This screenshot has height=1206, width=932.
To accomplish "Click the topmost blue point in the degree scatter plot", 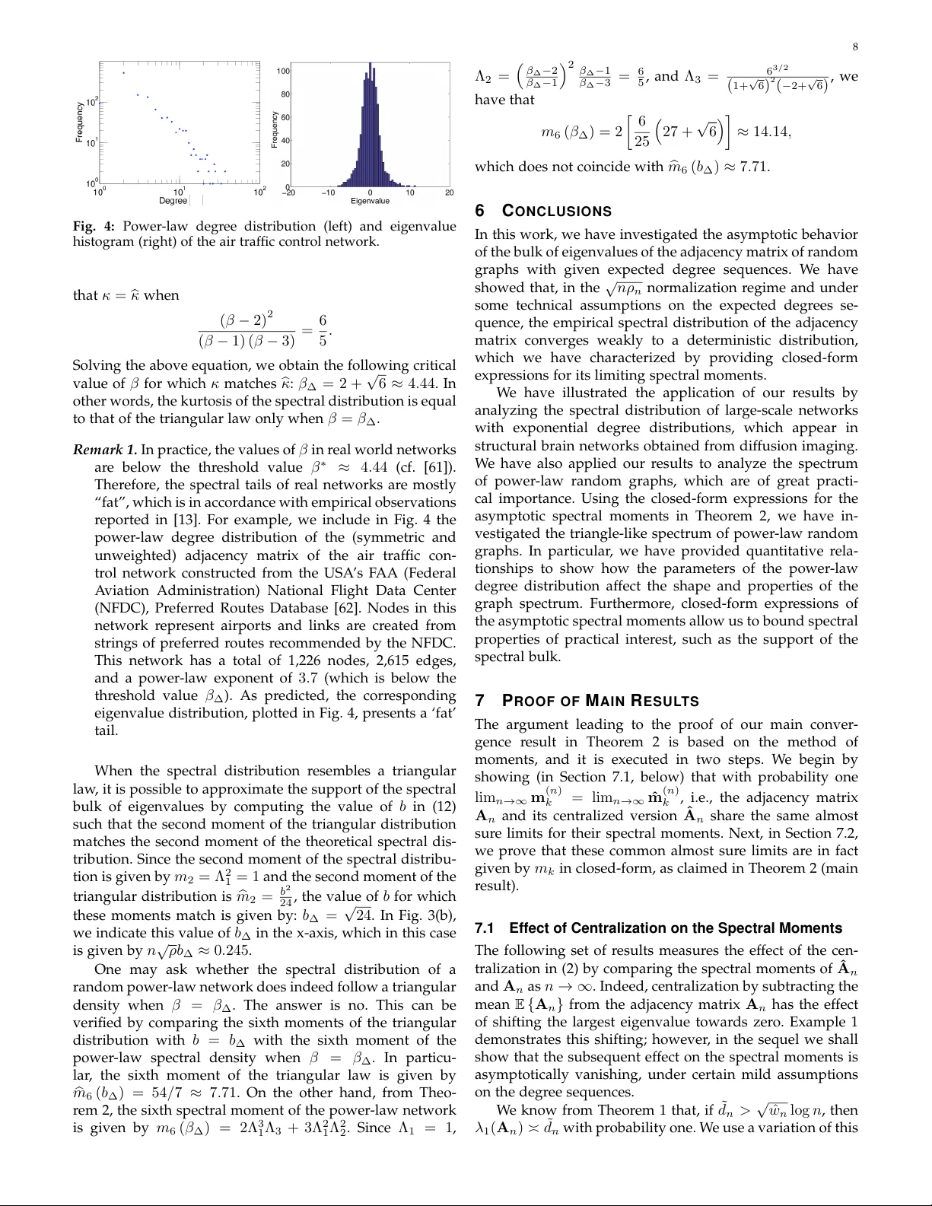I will click(123, 73).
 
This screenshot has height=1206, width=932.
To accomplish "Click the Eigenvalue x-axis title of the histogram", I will click(370, 201).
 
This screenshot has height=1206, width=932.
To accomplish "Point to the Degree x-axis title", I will click(173, 201).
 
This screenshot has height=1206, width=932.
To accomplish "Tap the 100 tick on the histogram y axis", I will click(282, 72).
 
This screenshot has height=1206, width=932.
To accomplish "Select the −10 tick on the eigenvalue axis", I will click(328, 193).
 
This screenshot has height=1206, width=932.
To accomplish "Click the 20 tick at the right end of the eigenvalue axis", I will click(450, 193).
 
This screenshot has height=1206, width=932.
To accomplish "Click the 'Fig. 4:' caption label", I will click(94, 226).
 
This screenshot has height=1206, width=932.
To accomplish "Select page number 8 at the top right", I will click(855, 47).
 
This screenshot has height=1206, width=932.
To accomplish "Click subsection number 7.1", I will click(485, 928).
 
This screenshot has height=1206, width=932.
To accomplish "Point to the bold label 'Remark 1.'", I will click(105, 450).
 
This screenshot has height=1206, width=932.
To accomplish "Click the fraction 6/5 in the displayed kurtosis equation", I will click(323, 329).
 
